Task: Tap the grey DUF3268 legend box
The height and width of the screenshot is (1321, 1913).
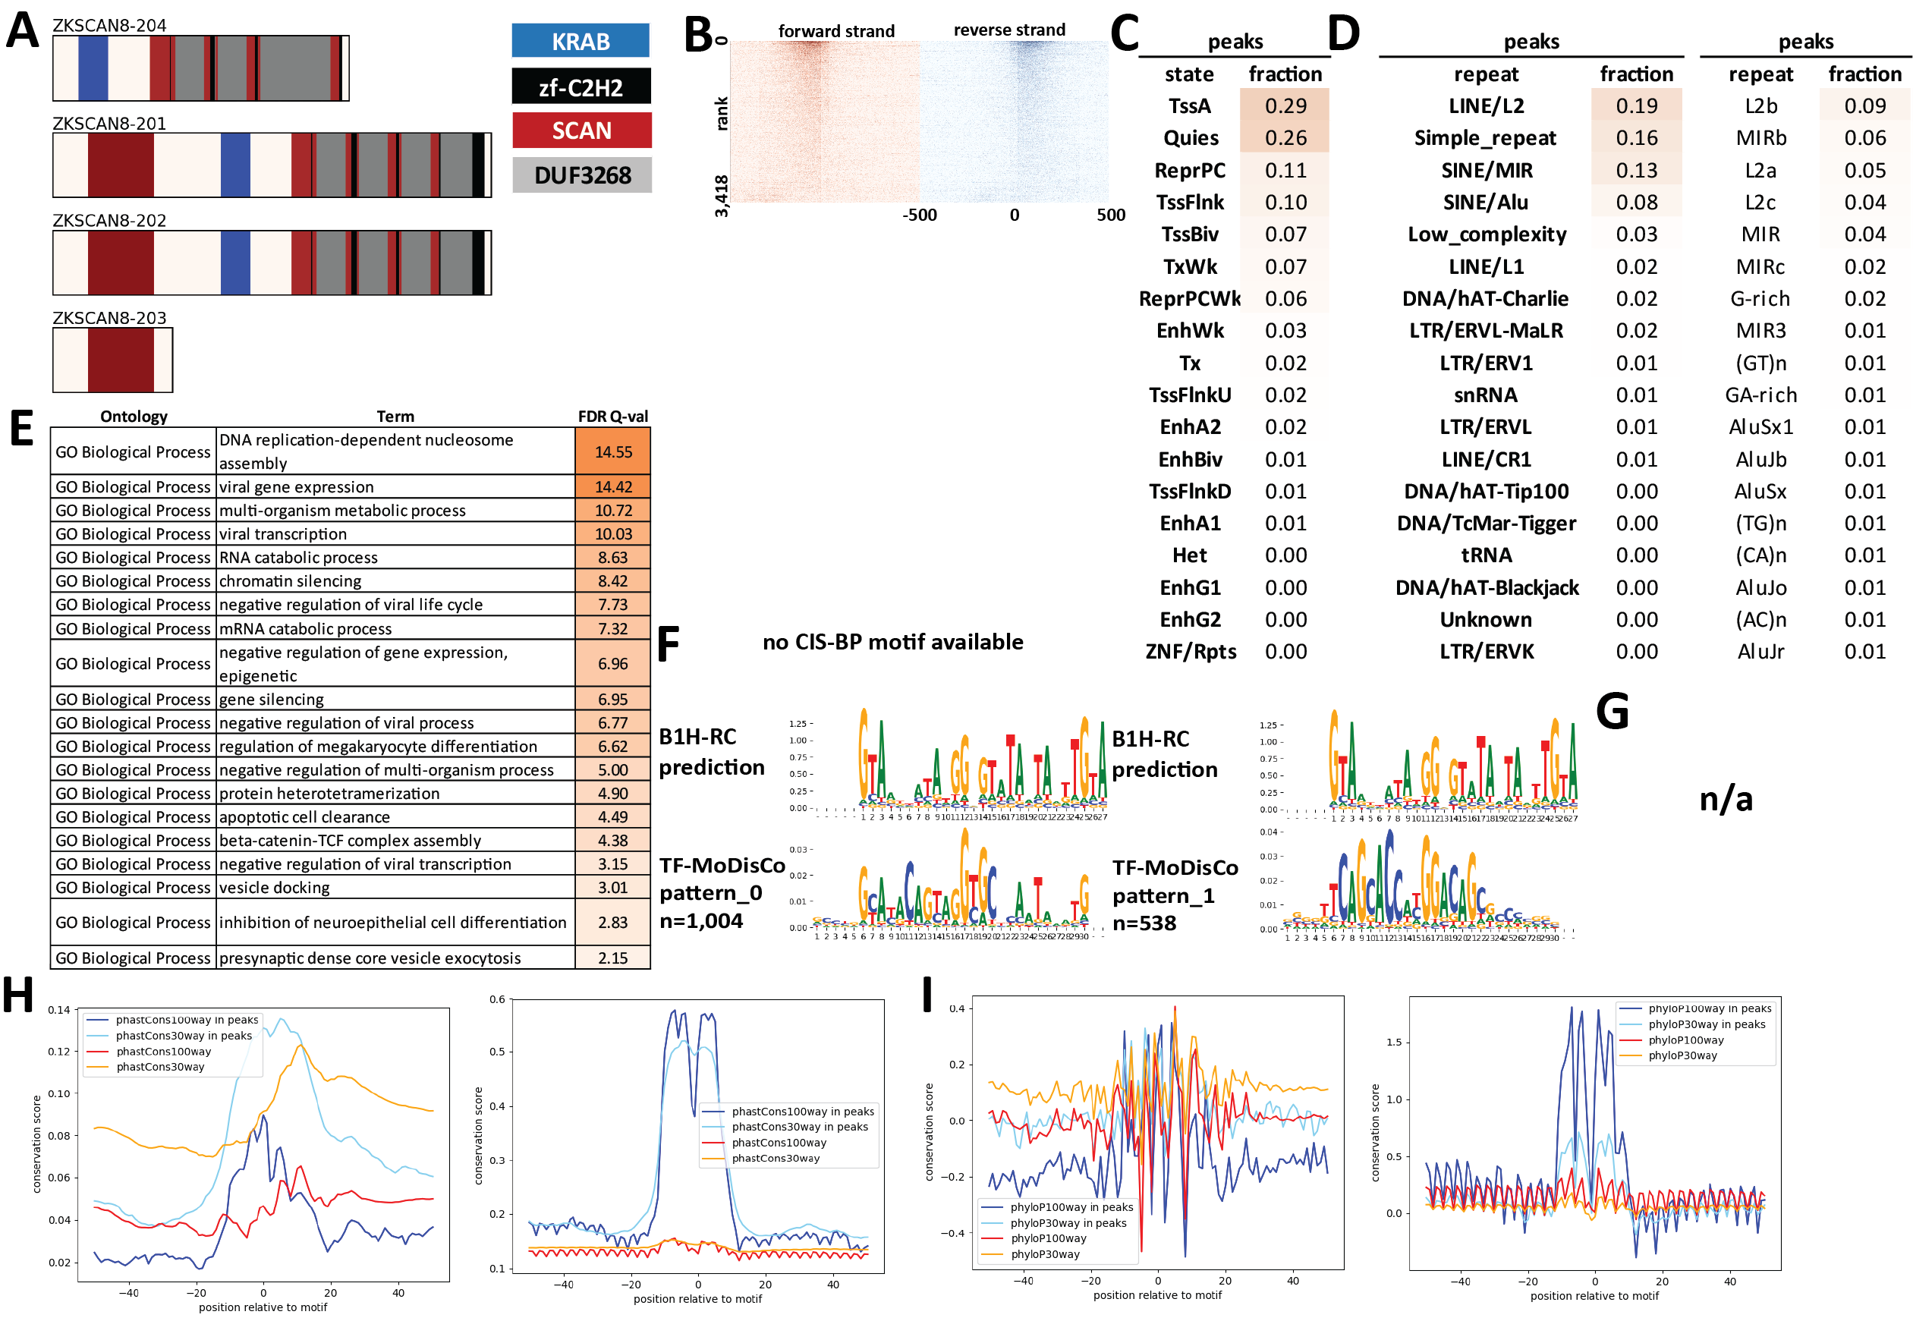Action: point(581,175)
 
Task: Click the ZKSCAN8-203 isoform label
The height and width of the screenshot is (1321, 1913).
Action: point(109,318)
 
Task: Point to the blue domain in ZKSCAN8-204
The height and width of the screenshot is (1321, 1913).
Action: point(93,68)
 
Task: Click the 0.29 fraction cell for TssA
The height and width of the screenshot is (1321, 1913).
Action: point(1284,106)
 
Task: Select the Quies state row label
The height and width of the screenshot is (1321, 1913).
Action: point(1190,138)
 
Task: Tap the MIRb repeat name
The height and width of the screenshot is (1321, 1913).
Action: point(1760,138)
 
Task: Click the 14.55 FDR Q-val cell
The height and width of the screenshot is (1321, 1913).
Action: point(612,452)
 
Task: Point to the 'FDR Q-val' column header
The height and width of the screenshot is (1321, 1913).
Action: point(612,417)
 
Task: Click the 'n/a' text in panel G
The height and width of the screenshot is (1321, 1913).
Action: point(1726,800)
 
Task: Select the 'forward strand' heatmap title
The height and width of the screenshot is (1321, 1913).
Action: point(836,31)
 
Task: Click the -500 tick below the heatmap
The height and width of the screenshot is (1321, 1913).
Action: point(919,216)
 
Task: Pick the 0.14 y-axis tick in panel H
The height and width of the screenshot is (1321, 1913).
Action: point(58,1010)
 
